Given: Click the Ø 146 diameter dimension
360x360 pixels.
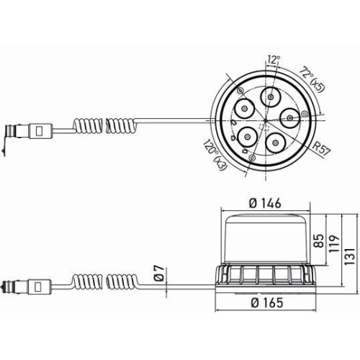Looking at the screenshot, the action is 265,204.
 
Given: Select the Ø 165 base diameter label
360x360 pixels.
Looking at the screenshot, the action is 267,302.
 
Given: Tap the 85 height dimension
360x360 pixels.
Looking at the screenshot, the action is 318,240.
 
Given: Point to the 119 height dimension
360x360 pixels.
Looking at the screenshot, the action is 334,243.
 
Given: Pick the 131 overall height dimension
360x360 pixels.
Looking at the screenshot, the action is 349,256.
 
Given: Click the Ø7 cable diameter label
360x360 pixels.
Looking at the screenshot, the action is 160,274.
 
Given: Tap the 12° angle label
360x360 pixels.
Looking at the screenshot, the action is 274,59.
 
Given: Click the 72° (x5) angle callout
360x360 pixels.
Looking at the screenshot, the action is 312,79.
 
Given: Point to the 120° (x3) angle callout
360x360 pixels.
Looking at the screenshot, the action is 215,155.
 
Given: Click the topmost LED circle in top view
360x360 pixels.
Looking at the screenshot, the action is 271,97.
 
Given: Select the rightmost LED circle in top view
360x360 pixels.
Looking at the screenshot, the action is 290,118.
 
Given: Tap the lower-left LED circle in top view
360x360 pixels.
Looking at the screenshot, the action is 247,137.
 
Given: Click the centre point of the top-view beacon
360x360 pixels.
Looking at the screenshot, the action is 266,120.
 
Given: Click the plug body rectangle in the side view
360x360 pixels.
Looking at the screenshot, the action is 40,287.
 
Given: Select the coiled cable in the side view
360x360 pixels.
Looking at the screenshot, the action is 106,282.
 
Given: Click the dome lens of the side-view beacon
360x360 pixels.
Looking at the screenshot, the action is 266,240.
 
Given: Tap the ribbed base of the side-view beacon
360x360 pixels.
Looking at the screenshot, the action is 266,276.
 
